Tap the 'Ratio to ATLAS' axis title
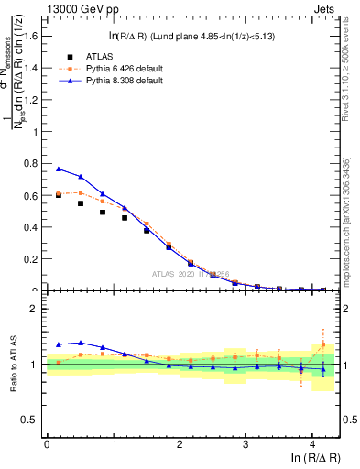tap(12, 365)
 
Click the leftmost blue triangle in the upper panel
tap(59, 169)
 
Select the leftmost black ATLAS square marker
tap(59, 195)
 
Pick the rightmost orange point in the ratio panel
tap(322, 344)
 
